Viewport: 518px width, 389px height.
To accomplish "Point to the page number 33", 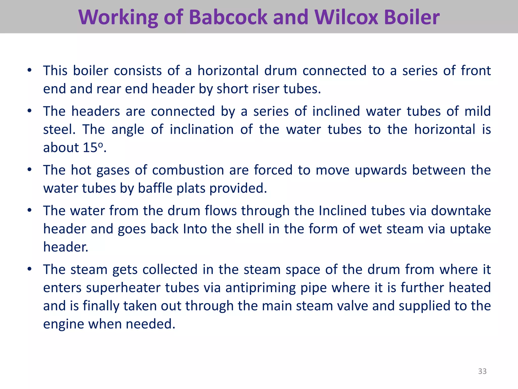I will pyautogui.click(x=482, y=371).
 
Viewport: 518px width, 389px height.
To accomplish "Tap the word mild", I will pyautogui.click(x=478, y=111).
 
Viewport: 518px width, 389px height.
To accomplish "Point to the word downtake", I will pyautogui.click(x=461, y=211).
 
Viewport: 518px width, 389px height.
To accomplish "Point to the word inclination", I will pyautogui.click(x=202, y=129).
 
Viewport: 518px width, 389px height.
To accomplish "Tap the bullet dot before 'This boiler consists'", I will pyautogui.click(x=30, y=70).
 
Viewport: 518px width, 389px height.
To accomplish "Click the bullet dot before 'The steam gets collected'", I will pyautogui.click(x=30, y=269).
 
